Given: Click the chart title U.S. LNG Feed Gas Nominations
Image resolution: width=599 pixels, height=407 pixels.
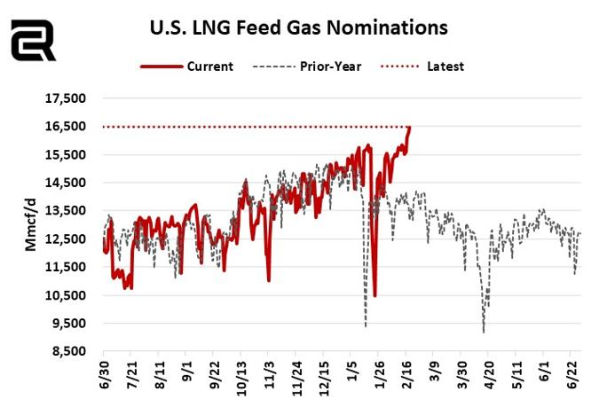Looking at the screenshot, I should point(297,27).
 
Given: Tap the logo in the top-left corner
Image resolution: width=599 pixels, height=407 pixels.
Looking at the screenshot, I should point(33,40).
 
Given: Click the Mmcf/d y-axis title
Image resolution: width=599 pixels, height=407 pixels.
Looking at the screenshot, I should point(32,225).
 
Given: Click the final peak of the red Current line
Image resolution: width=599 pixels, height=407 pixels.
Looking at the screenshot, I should point(409,128).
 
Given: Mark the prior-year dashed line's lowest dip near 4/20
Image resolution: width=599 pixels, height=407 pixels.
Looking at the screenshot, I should point(484,333).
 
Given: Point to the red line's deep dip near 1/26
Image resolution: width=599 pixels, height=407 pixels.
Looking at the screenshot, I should point(375,295).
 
